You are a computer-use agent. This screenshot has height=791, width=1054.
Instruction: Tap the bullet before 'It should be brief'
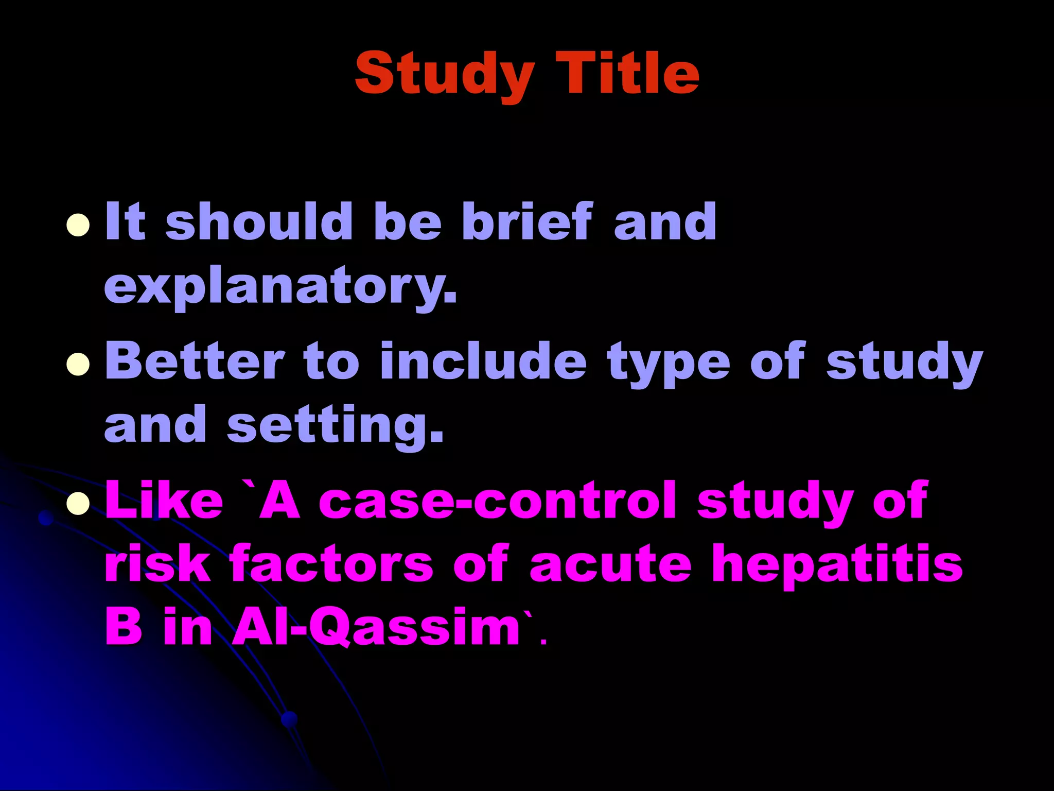[78, 225]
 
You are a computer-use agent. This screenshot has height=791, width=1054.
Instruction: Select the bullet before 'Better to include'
[78, 364]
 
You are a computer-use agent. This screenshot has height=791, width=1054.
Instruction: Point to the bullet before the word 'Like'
[78, 503]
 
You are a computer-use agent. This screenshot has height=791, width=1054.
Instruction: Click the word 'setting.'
[335, 425]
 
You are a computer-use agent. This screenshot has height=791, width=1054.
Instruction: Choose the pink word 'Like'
[164, 500]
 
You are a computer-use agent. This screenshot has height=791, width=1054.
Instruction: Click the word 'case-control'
[497, 500]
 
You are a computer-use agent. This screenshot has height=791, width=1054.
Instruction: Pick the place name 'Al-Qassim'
[376, 628]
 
